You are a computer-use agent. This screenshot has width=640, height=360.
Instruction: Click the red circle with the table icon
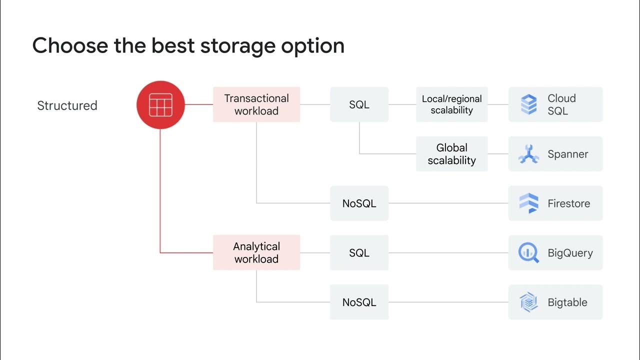160,105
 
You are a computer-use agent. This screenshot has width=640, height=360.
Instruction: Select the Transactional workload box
256,104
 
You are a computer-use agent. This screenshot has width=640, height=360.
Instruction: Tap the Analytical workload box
256,252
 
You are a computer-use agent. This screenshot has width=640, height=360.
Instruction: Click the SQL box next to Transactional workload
359,104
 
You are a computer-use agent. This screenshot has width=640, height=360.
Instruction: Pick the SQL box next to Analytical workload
359,252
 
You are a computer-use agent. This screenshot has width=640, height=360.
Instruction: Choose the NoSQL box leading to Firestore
359,203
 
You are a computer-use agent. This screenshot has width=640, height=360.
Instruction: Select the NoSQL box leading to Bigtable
359,302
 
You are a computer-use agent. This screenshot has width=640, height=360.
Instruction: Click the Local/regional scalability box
451,104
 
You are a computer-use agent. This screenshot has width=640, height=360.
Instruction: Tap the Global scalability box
451,153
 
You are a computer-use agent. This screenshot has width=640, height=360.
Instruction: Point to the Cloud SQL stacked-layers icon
529,104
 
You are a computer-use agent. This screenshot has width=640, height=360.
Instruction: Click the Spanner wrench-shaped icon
529,154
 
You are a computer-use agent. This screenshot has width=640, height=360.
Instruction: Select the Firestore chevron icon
529,203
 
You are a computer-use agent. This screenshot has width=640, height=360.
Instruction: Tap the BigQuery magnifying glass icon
528,252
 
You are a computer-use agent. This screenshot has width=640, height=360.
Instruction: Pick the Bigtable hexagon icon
528,302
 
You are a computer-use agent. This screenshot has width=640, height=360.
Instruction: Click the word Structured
67,105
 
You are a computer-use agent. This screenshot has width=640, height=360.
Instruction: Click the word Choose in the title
70,45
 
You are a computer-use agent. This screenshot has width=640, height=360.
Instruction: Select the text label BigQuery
570,253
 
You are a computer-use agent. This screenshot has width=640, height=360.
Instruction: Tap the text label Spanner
567,154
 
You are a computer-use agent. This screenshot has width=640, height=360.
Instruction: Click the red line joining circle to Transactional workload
199,104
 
